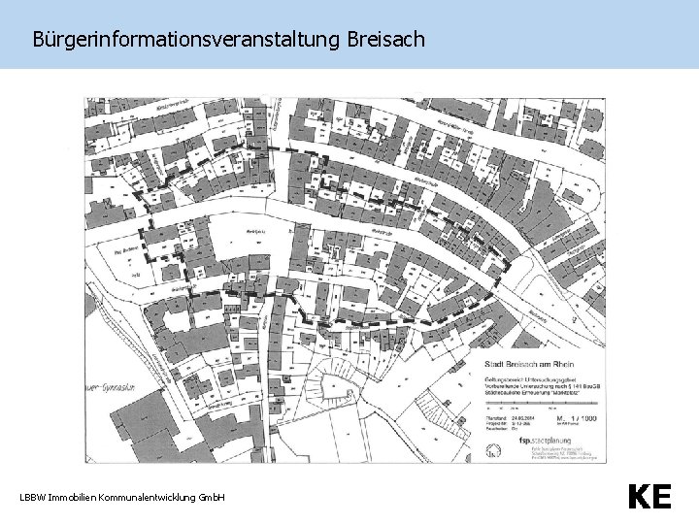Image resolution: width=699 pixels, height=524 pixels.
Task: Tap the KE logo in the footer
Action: click(x=649, y=498)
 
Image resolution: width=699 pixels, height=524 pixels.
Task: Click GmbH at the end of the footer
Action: click(x=212, y=498)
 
